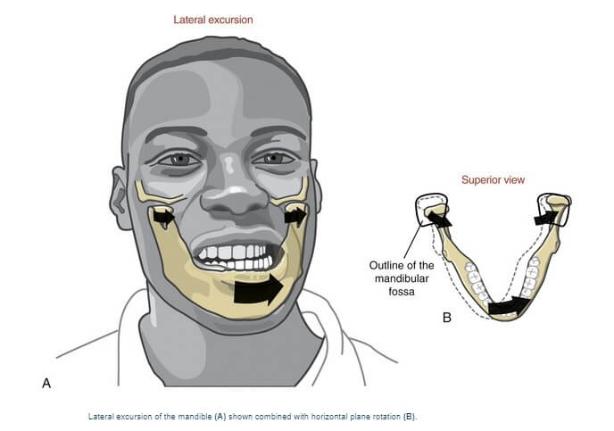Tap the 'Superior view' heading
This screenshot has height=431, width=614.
click(493, 180)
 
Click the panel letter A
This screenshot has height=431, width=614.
click(46, 383)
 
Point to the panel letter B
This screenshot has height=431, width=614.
click(447, 316)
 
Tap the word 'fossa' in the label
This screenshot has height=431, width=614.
click(403, 291)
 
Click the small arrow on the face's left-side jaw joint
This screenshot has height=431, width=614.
click(162, 216)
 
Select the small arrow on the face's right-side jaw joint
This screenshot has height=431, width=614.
click(295, 215)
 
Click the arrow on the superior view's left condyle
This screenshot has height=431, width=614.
click(439, 216)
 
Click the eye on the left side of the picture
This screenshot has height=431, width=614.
click(179, 159)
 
